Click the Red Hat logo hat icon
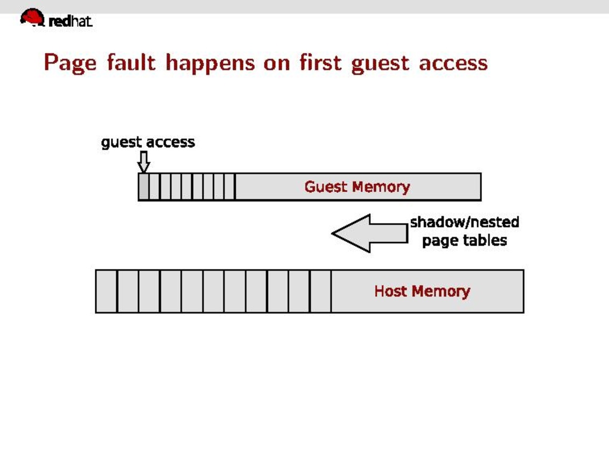32,17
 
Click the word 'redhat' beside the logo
71,22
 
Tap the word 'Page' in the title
70,63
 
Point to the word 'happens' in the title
211,63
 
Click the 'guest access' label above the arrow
148,142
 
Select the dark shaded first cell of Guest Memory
143,187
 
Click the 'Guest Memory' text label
357,187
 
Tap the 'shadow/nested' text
464,222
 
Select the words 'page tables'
464,240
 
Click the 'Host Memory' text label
422,292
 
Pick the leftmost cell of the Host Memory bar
106,291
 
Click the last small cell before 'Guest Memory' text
229,187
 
